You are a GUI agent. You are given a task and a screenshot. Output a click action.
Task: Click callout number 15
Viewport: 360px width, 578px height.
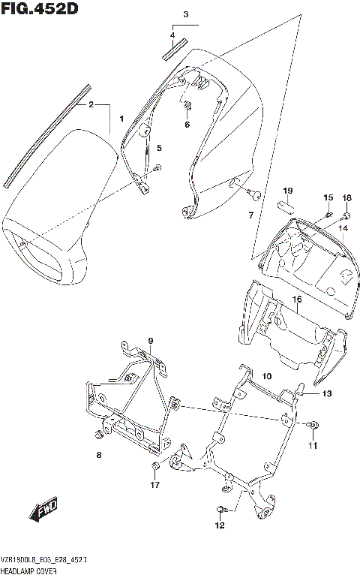tap(327, 197)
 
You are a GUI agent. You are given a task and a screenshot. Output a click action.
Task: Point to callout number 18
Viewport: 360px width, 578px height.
tap(346, 197)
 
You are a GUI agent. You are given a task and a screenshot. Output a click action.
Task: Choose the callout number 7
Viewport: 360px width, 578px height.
tap(252, 216)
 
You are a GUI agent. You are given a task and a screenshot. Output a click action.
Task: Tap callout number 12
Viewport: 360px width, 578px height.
tap(219, 525)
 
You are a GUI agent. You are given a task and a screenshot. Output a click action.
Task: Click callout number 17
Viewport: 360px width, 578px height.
tap(154, 485)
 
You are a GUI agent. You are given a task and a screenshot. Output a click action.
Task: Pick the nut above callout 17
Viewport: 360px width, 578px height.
tap(154, 469)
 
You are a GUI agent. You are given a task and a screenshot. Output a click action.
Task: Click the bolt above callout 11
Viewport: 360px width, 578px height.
tap(311, 426)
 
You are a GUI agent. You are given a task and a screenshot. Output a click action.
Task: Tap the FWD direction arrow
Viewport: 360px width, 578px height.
tap(45, 510)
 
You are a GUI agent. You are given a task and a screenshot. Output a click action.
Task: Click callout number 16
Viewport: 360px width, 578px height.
tap(297, 300)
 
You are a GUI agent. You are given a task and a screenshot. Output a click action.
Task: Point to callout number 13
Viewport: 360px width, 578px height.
tap(326, 393)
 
